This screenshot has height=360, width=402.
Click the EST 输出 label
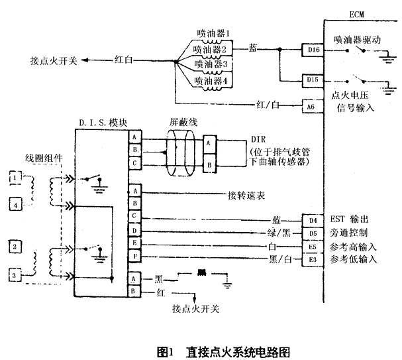click(x=351, y=219)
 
